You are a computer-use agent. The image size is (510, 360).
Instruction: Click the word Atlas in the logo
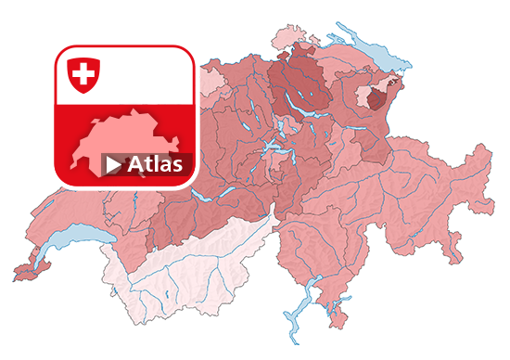click(x=156, y=164)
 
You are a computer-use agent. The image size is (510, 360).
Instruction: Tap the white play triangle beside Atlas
click(x=113, y=165)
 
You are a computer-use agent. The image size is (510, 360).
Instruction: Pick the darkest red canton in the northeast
click(x=378, y=96)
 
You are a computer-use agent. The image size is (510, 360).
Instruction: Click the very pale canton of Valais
click(x=185, y=269)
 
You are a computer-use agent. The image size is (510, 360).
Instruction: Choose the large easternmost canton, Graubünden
click(x=417, y=195)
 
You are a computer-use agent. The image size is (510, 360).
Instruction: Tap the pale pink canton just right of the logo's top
click(x=211, y=80)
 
